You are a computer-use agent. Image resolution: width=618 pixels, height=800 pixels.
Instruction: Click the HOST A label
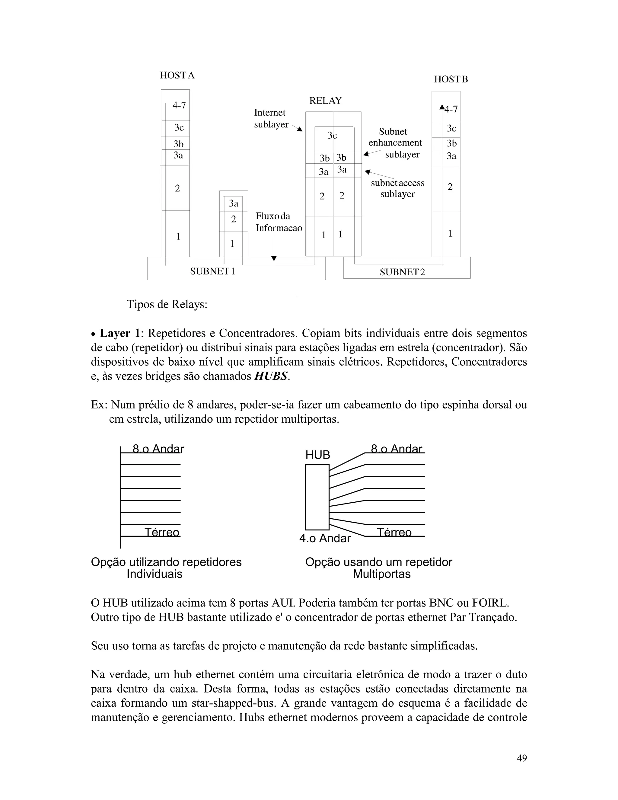pos(177,75)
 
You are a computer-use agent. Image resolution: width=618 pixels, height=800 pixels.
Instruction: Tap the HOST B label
pos(451,79)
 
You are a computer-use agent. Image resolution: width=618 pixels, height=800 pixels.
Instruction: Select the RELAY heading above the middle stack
pos(326,101)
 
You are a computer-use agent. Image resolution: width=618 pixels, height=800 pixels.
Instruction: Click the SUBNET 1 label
pos(212,271)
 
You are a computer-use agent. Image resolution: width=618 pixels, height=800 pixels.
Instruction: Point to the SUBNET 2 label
pos(402,272)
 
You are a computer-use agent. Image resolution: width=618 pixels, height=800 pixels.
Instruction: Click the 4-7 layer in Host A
pos(179,105)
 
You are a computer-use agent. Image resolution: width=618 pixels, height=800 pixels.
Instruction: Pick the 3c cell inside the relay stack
pos(332,136)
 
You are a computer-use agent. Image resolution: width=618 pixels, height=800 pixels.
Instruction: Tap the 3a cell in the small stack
pos(234,203)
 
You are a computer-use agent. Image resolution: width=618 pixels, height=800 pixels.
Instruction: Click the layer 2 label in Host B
pos(450,187)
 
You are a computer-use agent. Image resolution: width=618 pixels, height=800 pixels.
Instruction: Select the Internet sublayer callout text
pos(271,118)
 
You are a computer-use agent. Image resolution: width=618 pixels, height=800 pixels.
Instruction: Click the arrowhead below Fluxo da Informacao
pos(273,259)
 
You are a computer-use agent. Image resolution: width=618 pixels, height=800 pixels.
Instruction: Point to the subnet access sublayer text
pos(398,188)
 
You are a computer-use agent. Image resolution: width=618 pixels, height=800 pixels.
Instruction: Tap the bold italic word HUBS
pos(271,376)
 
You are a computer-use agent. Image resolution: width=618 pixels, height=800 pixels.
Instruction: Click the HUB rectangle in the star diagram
pos(317,497)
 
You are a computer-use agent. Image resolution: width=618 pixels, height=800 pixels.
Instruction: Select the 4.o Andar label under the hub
pos(325,538)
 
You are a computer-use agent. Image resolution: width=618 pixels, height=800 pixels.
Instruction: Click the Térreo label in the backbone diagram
pos(162,532)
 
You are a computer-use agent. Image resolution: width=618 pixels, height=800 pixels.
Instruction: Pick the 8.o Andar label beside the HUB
pos(397,449)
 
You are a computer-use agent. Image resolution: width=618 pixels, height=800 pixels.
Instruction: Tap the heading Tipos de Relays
pos(167,304)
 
